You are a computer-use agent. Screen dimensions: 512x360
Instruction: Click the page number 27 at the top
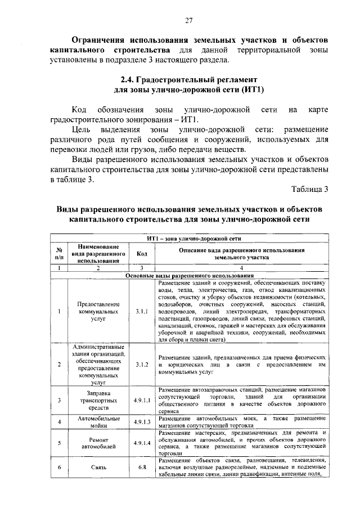[x=188, y=21]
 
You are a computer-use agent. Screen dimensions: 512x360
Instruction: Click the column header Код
[x=142, y=253]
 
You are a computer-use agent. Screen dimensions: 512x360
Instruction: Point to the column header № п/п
[x=58, y=253]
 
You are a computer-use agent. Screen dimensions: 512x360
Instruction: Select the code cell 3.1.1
[x=142, y=310]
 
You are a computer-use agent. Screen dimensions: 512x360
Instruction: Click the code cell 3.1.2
[x=142, y=365]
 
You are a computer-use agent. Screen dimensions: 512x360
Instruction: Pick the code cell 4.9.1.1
[x=142, y=400]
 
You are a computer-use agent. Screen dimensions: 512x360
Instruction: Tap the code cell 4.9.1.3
[x=142, y=422]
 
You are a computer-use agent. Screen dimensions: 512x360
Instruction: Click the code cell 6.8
[x=142, y=467]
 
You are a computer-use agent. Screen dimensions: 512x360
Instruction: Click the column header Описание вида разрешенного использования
[x=241, y=253]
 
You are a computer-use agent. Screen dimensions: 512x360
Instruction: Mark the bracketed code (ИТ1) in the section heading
[x=250, y=90]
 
